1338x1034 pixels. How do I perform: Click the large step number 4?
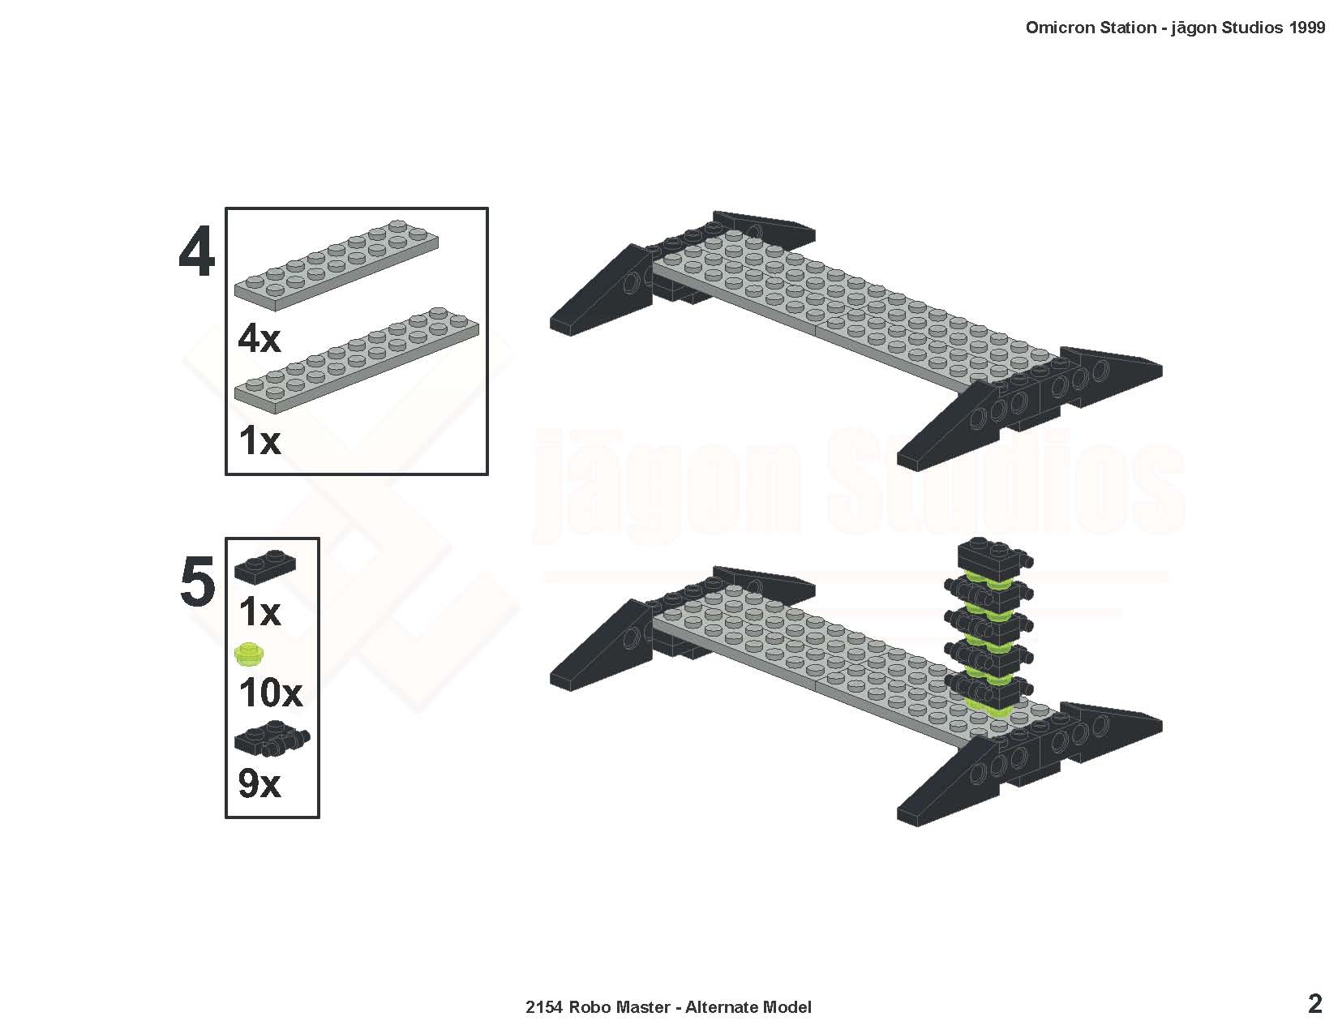coord(197,251)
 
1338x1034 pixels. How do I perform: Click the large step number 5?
coord(198,581)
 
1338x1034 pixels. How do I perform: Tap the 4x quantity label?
coord(259,338)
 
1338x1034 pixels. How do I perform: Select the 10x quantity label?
coord(270,693)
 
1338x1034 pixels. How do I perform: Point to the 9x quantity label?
coord(259,784)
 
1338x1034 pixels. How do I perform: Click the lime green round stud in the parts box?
coord(250,654)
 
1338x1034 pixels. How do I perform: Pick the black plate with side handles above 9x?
coord(272,738)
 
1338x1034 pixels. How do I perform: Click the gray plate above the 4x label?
coord(337,265)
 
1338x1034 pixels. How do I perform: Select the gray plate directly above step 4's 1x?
coord(357,360)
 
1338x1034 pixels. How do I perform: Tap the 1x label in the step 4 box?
coord(259,441)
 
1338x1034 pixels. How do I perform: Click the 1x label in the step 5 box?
coord(259,612)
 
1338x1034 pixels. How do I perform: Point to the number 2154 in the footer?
coord(543,1007)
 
